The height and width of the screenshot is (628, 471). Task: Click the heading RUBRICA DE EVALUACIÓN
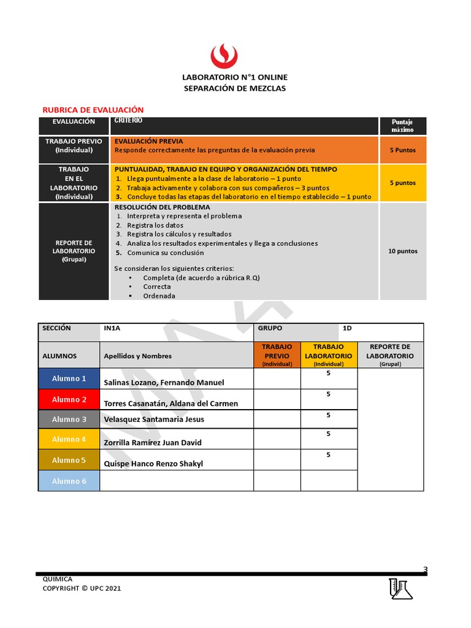(93, 110)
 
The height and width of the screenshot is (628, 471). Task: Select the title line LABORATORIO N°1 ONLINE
(235, 77)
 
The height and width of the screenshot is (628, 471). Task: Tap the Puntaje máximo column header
(402, 126)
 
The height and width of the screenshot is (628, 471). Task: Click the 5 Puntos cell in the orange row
(402, 150)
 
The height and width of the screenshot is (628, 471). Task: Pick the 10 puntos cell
(402, 251)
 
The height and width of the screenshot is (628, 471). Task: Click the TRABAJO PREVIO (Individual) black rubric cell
(74, 146)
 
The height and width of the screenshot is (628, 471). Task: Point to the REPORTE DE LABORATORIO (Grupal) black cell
(74, 251)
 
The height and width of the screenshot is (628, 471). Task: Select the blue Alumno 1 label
(69, 378)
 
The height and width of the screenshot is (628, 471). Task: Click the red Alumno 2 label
(69, 399)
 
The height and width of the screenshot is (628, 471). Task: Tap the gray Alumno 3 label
(69, 419)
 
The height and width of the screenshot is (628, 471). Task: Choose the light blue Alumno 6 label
(69, 481)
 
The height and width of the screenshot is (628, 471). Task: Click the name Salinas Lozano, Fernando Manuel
(164, 383)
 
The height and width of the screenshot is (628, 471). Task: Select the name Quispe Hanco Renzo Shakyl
(153, 464)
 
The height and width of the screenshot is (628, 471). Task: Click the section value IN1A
(112, 329)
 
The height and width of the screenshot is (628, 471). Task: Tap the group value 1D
(347, 329)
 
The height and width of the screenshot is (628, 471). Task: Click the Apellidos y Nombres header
(138, 356)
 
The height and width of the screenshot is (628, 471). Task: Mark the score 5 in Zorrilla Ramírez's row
(329, 434)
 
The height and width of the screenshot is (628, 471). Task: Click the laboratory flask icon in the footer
(400, 588)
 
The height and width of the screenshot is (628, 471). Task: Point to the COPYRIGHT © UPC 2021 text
(82, 588)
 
